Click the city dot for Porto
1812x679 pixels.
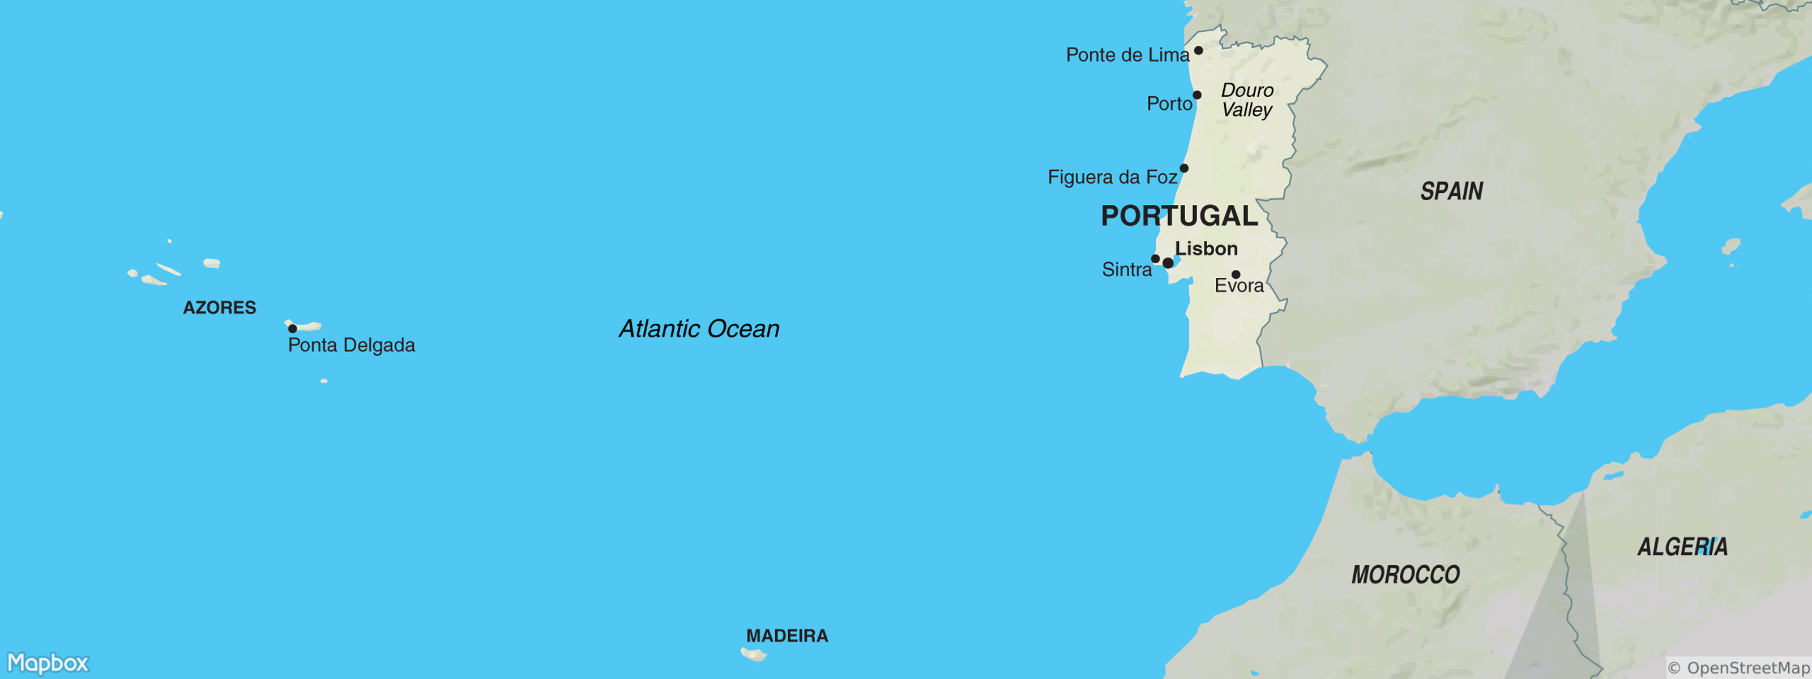pyautogui.click(x=1196, y=95)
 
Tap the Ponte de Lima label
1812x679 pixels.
pyautogui.click(x=1127, y=55)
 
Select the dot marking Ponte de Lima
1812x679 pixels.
pyautogui.click(x=1198, y=50)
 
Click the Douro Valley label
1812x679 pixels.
pyautogui.click(x=1246, y=100)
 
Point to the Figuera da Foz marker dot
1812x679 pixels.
pyautogui.click(x=1184, y=168)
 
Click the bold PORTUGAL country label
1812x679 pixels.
pyautogui.click(x=1179, y=216)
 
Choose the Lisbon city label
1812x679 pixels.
pyautogui.click(x=1206, y=248)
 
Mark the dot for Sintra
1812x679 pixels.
pyautogui.click(x=1155, y=259)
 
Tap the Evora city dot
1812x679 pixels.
pyautogui.click(x=1236, y=274)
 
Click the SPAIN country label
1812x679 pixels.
pyautogui.click(x=1451, y=191)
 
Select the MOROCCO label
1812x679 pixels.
pyautogui.click(x=1405, y=575)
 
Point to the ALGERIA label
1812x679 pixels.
pyautogui.click(x=1682, y=547)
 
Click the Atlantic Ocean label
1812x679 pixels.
pyautogui.click(x=699, y=329)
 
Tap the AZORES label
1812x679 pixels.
pyautogui.click(x=220, y=308)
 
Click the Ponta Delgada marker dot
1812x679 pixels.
pyautogui.click(x=293, y=328)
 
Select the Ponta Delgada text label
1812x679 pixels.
pyautogui.click(x=351, y=345)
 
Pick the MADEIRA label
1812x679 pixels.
pyautogui.click(x=787, y=636)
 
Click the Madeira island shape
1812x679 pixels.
pyautogui.click(x=753, y=655)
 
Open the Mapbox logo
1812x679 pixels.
pyautogui.click(x=48, y=663)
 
